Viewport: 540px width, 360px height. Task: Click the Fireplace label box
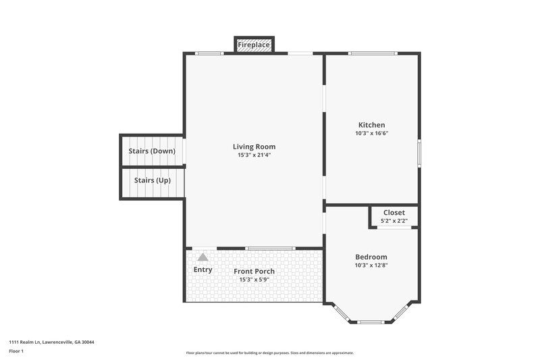pyautogui.click(x=254, y=45)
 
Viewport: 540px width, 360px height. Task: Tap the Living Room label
pyautogui.click(x=254, y=147)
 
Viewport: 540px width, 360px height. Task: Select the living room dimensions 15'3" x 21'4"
pyautogui.click(x=254, y=155)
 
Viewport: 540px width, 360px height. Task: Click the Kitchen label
pyautogui.click(x=371, y=125)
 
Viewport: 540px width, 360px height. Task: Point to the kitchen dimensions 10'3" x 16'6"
pyautogui.click(x=371, y=133)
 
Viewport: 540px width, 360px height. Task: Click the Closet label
pyautogui.click(x=394, y=212)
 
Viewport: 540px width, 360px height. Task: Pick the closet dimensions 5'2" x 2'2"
pyautogui.click(x=394, y=220)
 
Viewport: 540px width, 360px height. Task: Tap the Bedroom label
pyautogui.click(x=371, y=257)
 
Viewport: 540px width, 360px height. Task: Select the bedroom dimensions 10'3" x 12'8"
pyautogui.click(x=371, y=265)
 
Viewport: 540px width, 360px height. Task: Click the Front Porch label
pyautogui.click(x=254, y=272)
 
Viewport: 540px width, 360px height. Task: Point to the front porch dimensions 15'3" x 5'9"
pyautogui.click(x=254, y=280)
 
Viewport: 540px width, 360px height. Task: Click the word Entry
pyautogui.click(x=202, y=269)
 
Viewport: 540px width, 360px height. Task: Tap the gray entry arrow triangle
pyautogui.click(x=202, y=257)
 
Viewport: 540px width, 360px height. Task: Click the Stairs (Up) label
pyautogui.click(x=152, y=180)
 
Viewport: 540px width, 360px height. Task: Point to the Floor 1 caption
pyautogui.click(x=16, y=351)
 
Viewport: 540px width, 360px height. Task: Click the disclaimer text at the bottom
pyautogui.click(x=269, y=353)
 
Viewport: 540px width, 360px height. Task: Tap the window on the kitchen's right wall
pyautogui.click(x=418, y=152)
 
